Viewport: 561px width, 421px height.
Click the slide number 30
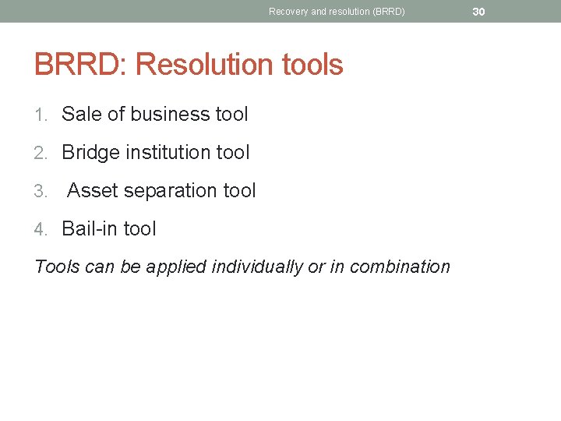pos(478,12)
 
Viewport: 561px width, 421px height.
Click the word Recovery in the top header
pos(288,12)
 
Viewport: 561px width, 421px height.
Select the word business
pos(171,114)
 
